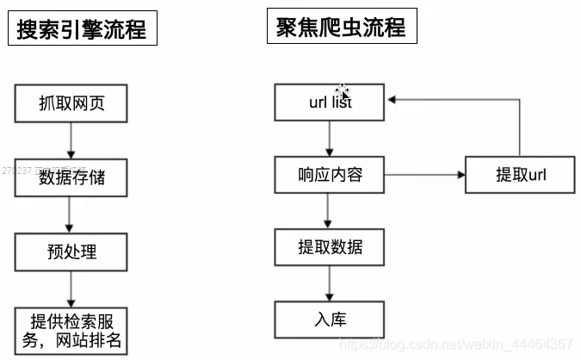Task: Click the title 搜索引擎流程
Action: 83,30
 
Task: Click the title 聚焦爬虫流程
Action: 342,27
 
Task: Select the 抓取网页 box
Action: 71,103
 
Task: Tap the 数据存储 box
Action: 71,178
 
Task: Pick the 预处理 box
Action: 71,252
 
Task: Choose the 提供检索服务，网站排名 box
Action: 71,330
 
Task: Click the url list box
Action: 330,102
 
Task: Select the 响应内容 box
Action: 330,176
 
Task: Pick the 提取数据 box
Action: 330,247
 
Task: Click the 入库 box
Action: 330,320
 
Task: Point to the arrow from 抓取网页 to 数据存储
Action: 71,140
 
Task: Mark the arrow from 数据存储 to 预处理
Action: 71,215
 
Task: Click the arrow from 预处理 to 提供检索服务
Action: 71,289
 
